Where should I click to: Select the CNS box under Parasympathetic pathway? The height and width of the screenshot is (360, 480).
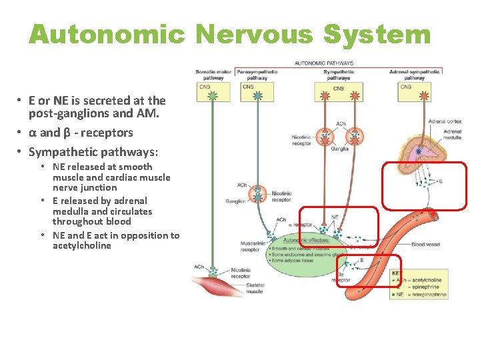pos(248,87)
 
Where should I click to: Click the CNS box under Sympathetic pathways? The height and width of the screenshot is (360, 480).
pos(339,88)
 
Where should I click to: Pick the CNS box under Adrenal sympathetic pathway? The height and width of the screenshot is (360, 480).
pos(406,87)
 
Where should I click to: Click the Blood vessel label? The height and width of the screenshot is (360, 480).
pos(427,245)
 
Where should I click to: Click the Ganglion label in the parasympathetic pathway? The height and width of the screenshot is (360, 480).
pos(235,201)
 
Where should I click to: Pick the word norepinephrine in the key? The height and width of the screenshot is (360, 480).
pos(430,294)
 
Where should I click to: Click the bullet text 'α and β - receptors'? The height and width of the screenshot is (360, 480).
pos(80,133)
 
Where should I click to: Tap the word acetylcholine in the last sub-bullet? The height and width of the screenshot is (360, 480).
pos(82,246)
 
